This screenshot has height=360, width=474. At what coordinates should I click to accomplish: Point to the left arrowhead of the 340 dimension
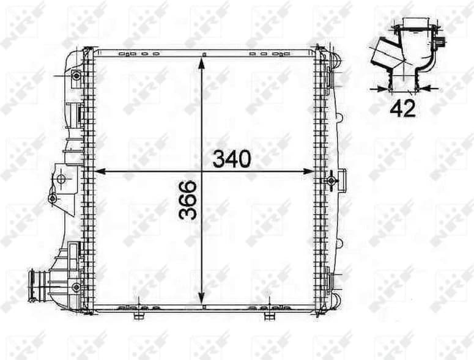tap(102, 172)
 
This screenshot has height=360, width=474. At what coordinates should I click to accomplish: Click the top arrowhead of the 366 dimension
tap(202, 58)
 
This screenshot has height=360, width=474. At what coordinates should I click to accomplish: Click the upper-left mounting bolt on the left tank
tap(76, 76)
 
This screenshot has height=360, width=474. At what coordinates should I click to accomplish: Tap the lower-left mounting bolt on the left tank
tap(76, 286)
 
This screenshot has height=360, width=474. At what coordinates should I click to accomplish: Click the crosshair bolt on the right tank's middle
tap(331, 180)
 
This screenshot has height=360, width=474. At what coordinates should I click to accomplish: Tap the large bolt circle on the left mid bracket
tap(61, 178)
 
